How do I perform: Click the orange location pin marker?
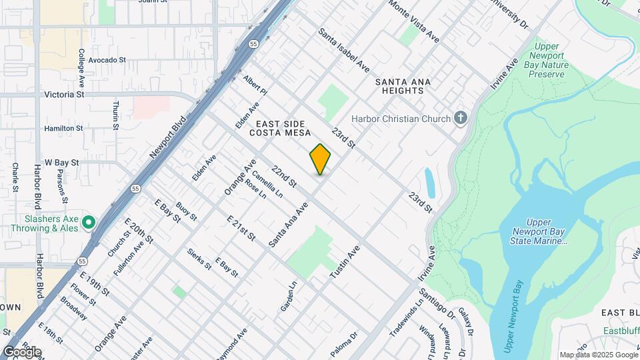point(320,159)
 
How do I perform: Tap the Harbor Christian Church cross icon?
point(460,119)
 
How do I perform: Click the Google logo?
point(21,352)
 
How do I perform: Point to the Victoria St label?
point(64,95)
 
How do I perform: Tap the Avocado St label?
point(107,60)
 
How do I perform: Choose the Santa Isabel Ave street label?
point(343,50)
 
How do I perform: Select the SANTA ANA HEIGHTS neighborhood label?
point(403,86)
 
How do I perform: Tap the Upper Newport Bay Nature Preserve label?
point(548,60)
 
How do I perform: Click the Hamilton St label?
point(63,128)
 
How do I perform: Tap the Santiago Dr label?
point(437,302)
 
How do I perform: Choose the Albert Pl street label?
point(255,85)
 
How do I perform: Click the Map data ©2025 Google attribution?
point(598,355)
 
